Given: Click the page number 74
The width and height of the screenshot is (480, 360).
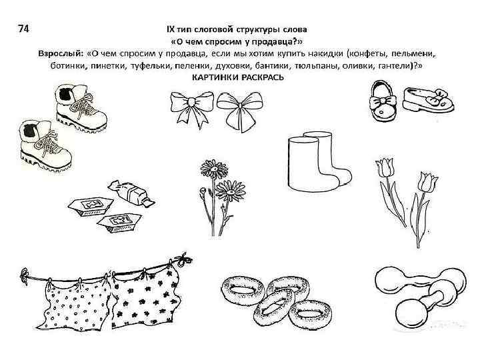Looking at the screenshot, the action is point(23,29).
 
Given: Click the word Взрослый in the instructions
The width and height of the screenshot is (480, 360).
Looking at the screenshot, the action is point(61,53).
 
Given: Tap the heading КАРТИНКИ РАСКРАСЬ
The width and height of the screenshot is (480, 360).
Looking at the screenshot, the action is point(238,77).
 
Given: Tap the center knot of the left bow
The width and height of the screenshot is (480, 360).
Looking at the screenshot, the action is point(191,101).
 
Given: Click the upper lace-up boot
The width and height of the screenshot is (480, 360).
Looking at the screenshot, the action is point(81,108).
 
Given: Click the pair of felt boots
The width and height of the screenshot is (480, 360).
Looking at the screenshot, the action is point(319,161).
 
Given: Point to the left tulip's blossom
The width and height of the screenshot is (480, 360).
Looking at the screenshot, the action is point(384,168).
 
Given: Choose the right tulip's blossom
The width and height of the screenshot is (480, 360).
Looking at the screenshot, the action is point(428,182).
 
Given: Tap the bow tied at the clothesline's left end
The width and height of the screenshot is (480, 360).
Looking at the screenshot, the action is point(25,275).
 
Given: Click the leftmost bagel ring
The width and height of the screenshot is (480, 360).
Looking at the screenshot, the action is point(243,290).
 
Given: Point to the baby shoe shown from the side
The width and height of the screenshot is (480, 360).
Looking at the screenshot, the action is point(428,99).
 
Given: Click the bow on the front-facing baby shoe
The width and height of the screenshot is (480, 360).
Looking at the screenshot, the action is point(383,102).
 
